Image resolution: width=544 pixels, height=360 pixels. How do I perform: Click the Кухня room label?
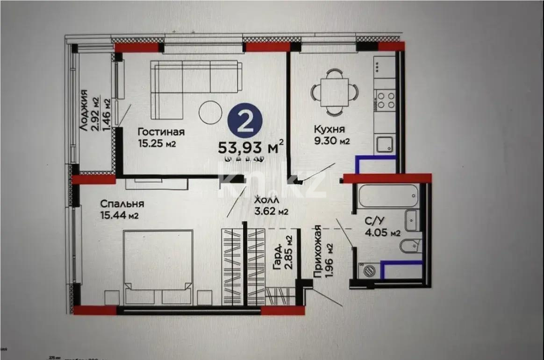pyautogui.click(x=330, y=129)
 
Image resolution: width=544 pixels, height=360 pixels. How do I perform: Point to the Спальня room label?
pyautogui.click(x=122, y=204)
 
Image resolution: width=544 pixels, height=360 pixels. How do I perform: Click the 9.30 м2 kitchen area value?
pyautogui.click(x=332, y=141)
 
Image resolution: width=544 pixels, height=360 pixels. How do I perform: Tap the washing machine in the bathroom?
pyautogui.click(x=369, y=270)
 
